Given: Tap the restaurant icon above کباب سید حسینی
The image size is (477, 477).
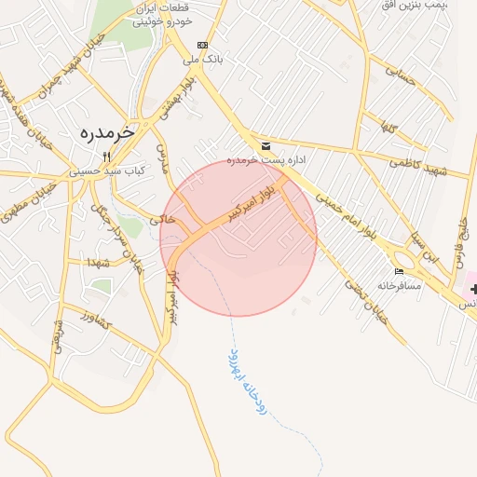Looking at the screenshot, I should point(107,157).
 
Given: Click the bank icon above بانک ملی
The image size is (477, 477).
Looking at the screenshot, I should point(202,45).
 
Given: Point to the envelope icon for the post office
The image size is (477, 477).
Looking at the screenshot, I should point(266,146).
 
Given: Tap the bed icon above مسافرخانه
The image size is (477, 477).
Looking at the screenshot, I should point(400,271).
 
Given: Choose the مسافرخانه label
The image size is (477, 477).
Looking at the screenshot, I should point(400,285).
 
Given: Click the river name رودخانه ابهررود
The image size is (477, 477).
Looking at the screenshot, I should point(248,383).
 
